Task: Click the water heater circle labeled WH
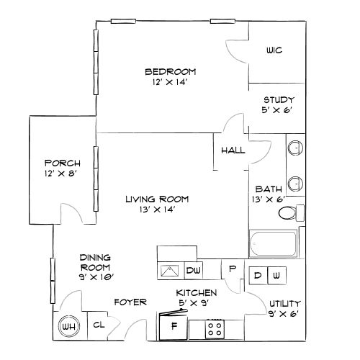(x=69, y=326)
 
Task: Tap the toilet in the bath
(x=291, y=213)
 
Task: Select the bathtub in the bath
(x=274, y=243)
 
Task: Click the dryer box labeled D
(x=258, y=275)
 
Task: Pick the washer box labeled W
(x=277, y=275)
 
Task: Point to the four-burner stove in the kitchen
(x=215, y=329)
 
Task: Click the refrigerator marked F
(x=174, y=327)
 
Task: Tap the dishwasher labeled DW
(x=194, y=271)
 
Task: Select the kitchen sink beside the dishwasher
(x=170, y=271)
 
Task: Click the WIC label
(x=274, y=50)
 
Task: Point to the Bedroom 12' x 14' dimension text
(x=169, y=82)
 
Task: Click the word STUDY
(x=279, y=100)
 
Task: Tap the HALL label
(x=233, y=150)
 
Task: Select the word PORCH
(x=63, y=163)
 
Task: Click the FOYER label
(x=130, y=302)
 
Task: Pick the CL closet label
(x=99, y=325)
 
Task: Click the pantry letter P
(x=232, y=269)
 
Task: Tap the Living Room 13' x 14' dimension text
(x=157, y=210)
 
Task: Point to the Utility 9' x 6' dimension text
(x=284, y=314)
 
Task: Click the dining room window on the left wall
(x=53, y=281)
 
